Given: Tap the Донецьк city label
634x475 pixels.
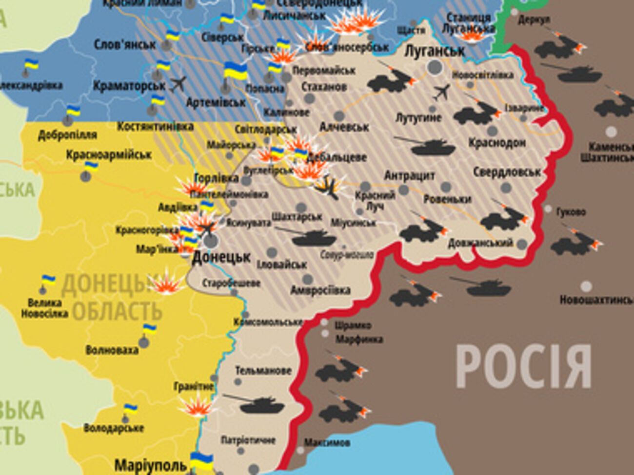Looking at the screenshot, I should click(221, 257).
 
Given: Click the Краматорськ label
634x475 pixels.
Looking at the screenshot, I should click(129, 86).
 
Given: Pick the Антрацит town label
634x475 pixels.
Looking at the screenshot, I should click(409, 175).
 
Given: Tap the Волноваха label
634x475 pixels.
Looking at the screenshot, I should click(112, 350).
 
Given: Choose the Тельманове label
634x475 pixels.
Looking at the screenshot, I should click(263, 370).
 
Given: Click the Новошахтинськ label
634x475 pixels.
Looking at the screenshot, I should click(596, 300).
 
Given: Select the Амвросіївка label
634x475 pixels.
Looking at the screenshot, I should click(320, 290).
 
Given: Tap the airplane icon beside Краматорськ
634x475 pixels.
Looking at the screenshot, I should click(178, 83).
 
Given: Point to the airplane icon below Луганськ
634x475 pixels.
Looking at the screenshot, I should click(441, 92).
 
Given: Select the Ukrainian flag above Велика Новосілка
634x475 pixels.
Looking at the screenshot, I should click(48, 280).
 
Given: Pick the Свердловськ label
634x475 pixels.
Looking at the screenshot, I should click(507, 172).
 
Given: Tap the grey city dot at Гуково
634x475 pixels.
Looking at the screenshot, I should click(548, 209).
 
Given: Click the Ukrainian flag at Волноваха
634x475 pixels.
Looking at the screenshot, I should click(149, 328).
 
